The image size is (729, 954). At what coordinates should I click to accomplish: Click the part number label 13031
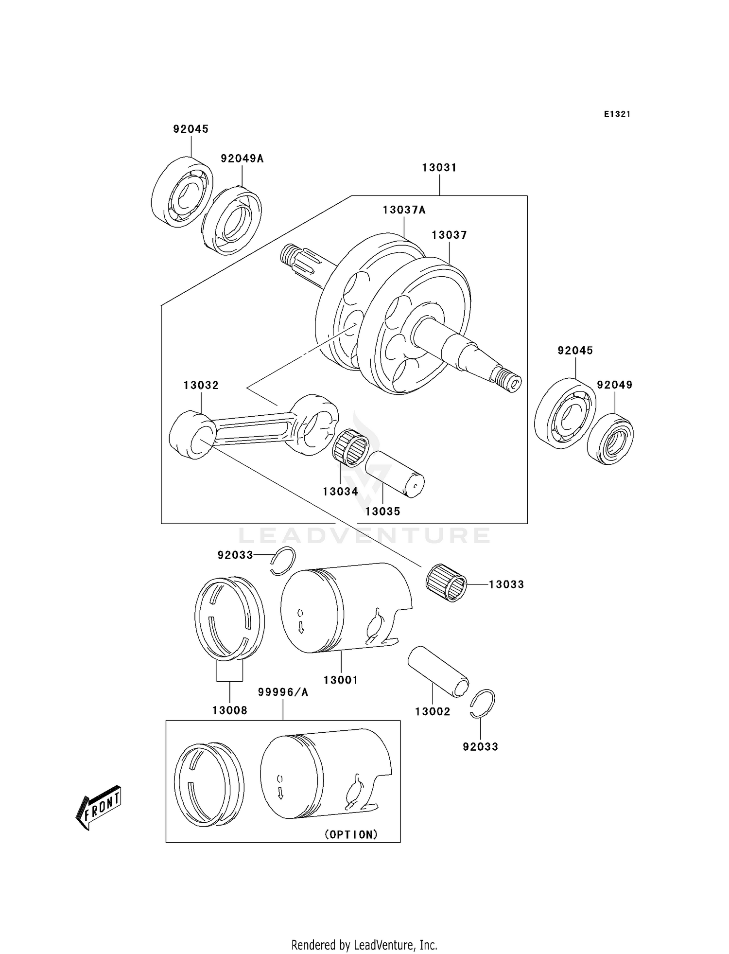(x=439, y=168)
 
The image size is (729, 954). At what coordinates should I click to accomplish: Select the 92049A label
(x=242, y=159)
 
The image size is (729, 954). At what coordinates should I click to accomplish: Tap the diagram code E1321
(x=617, y=114)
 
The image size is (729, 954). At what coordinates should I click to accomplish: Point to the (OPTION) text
(x=351, y=834)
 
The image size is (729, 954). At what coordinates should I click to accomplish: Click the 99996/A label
(x=283, y=692)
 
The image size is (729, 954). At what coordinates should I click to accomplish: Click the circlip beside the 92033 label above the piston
(x=283, y=560)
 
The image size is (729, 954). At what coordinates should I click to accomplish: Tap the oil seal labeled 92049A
(x=232, y=219)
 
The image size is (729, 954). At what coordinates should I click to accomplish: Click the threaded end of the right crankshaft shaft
(x=507, y=379)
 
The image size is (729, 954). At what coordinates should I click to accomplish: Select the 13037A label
(x=403, y=210)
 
